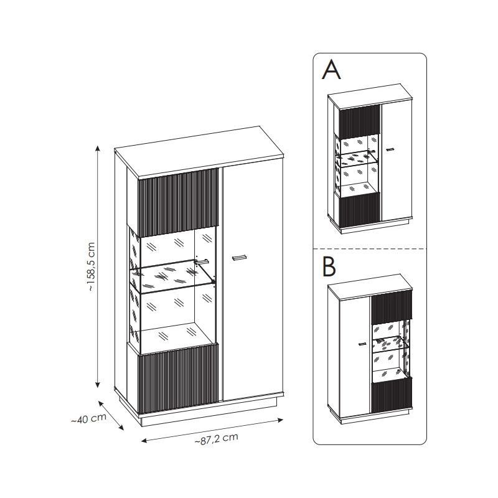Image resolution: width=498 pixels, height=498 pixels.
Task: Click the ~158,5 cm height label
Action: click(x=91, y=267)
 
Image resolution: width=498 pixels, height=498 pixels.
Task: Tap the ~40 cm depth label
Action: click(x=88, y=419)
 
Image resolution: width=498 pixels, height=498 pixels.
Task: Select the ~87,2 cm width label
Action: click(x=216, y=439)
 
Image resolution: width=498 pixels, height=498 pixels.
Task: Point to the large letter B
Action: click(x=329, y=266)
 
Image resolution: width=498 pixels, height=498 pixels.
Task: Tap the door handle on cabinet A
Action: click(x=390, y=149)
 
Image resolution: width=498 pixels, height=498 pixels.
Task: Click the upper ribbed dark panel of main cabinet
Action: click(x=178, y=202)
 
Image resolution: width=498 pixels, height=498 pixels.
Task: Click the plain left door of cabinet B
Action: click(x=355, y=355)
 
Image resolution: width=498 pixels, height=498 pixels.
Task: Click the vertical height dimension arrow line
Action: click(x=98, y=267)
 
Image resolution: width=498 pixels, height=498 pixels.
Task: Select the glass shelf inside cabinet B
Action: click(x=390, y=342)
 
